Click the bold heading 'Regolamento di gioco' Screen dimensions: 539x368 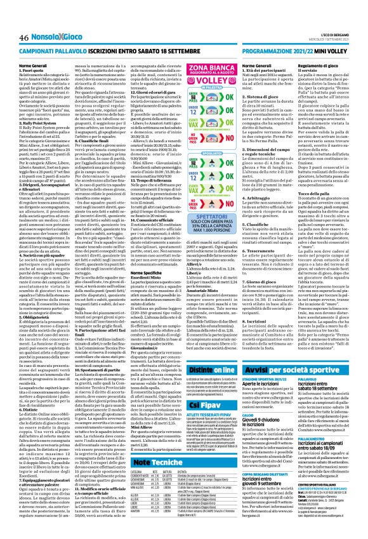point(332,65)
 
